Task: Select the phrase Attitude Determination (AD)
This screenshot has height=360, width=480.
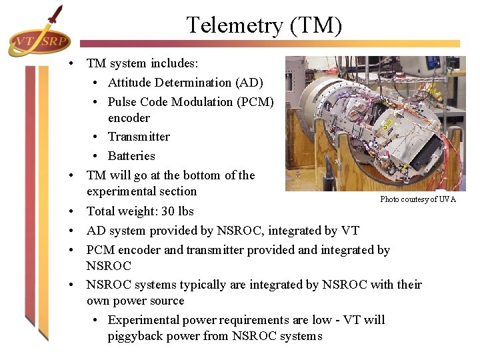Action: pos(185,83)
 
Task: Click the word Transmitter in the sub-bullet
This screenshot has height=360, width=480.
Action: pos(139,137)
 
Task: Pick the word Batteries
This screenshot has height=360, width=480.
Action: pos(131,156)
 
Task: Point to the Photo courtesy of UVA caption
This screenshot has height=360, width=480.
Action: pos(418,199)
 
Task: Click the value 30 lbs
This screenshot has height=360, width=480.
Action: pos(176,211)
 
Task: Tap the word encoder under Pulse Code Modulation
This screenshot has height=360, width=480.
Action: pos(129,118)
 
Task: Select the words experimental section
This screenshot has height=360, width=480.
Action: pos(141,191)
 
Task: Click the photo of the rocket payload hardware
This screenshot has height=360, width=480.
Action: pos(375,123)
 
